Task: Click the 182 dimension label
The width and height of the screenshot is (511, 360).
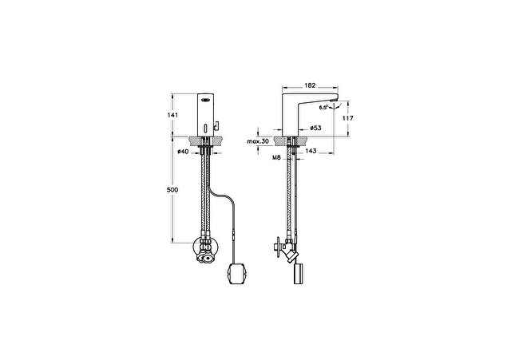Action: (310, 85)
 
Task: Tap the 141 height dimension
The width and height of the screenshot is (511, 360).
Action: (172, 115)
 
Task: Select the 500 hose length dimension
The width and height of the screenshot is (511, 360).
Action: (172, 190)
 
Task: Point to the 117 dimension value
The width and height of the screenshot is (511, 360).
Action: (347, 118)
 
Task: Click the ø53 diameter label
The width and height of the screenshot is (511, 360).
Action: (315, 128)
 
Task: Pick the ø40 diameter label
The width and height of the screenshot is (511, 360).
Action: (183, 151)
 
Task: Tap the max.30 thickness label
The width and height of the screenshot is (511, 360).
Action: (258, 141)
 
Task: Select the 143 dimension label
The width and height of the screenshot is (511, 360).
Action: (311, 151)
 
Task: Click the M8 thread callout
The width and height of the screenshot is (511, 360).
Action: (276, 158)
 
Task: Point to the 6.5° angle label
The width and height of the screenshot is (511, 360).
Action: (323, 107)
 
